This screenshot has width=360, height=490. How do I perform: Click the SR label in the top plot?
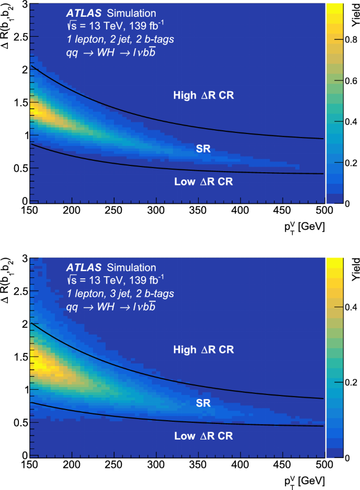[203, 149]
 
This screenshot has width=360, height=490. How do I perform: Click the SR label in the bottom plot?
[203, 403]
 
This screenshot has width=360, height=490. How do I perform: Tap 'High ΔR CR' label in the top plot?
[203, 95]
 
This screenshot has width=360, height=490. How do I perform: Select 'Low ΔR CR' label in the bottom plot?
[203, 436]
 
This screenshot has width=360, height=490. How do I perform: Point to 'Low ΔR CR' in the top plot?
[203, 182]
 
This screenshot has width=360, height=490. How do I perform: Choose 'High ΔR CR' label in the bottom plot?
[203, 349]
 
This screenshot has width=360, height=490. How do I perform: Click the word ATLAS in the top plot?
[84, 13]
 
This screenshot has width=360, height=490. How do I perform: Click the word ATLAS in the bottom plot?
[84, 267]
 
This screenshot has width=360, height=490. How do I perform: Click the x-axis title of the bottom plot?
[305, 480]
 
